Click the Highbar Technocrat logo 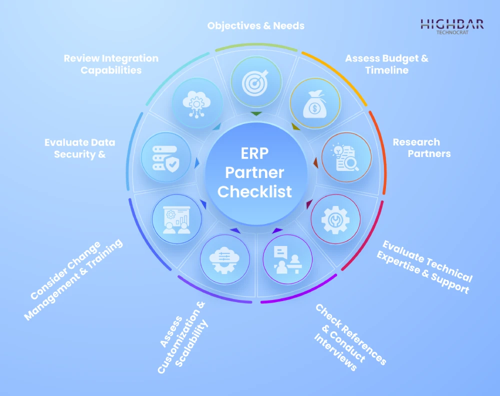click(451, 26)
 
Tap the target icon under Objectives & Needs click(255, 81)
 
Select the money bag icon click(315, 103)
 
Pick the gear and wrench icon click(335, 219)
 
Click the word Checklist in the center click(254, 191)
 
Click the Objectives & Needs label click(256, 25)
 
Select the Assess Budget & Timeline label click(386, 64)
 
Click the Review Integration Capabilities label click(111, 64)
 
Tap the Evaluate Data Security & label click(80, 148)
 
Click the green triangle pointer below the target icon click(255, 114)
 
